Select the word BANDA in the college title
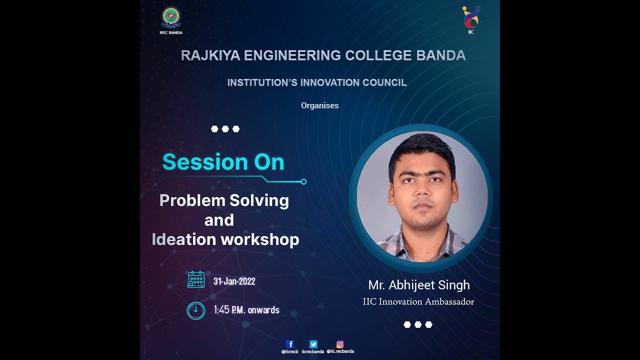point(441,55)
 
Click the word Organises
point(320,105)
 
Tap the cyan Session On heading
point(223,162)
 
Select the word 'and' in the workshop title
point(219,220)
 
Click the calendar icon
point(196,279)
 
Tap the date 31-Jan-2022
point(234,281)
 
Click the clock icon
point(196,310)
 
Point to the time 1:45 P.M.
point(229,310)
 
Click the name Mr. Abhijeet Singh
point(419,285)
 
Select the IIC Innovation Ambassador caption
point(418,301)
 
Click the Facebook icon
point(290,344)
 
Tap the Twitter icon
point(313,344)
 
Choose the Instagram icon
point(340,344)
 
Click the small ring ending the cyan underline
point(303,181)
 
